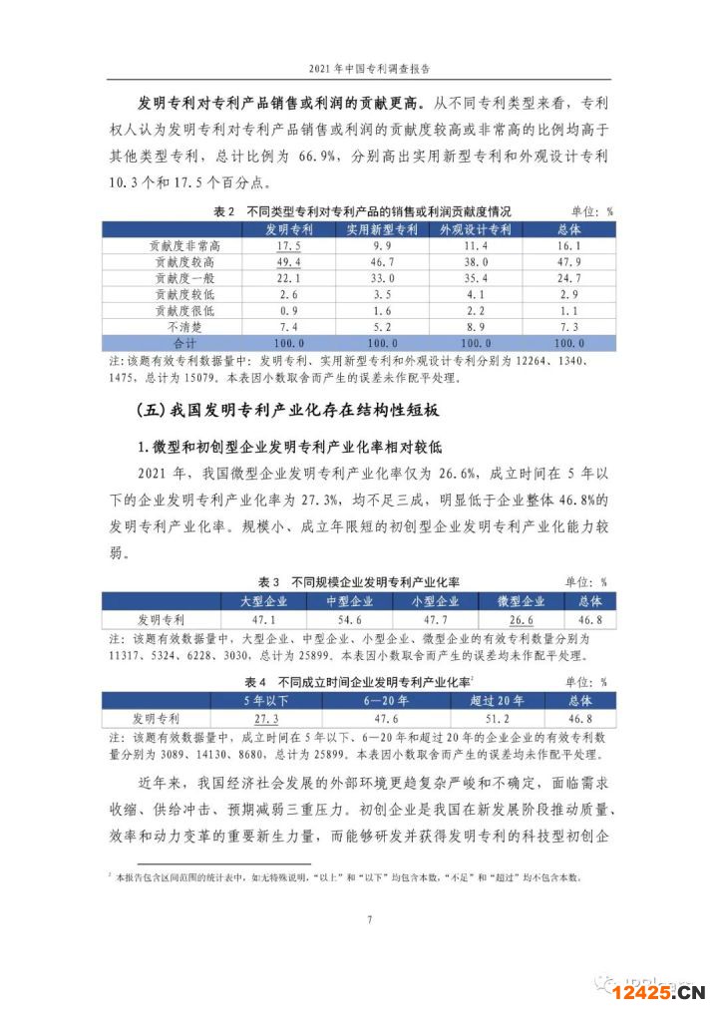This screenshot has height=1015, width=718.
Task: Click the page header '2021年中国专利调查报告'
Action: click(x=358, y=68)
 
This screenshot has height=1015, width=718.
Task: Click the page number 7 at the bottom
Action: click(x=369, y=918)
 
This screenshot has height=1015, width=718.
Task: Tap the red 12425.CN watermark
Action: click(x=665, y=990)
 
